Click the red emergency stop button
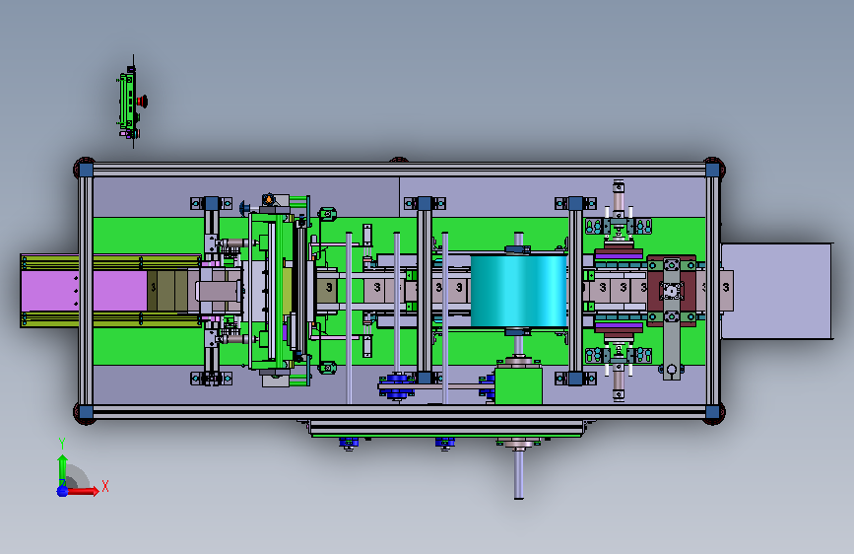click(143, 101)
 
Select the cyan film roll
click(519, 291)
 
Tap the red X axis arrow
click(82, 491)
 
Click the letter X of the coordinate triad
click(105, 486)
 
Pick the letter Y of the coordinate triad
click(61, 444)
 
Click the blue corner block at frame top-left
click(86, 170)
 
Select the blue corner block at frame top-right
click(712, 170)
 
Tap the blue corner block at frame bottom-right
click(712, 412)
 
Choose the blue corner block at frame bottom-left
click(86, 412)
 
